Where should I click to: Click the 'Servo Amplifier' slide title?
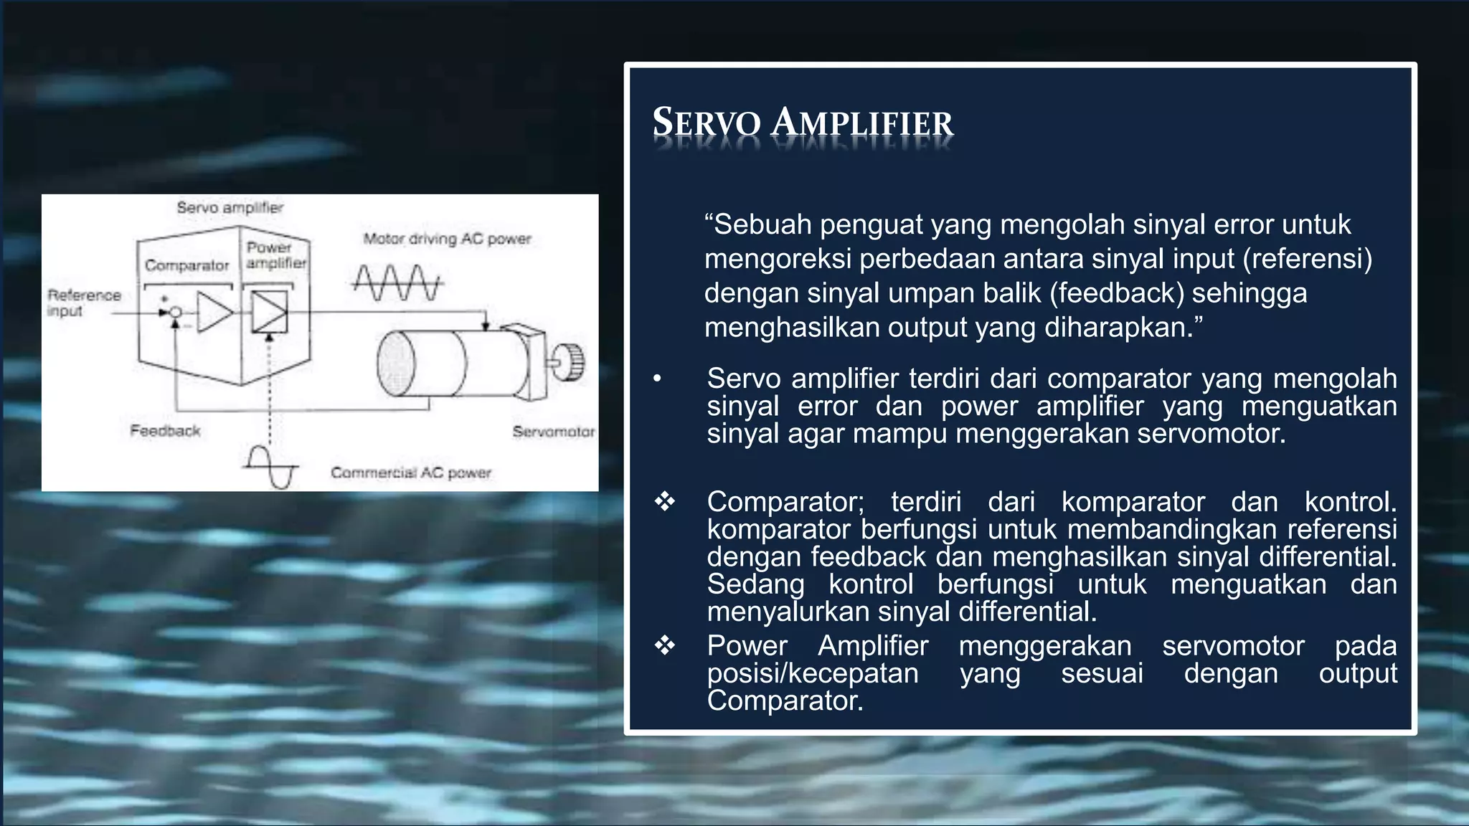coord(802,123)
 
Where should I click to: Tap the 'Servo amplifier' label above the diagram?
coord(230,208)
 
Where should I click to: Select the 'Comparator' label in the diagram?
coord(186,265)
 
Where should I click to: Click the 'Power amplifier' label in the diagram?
coord(275,255)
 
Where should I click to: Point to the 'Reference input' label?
coord(83,303)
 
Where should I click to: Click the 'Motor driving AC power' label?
coord(447,239)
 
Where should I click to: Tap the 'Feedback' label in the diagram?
coord(165,431)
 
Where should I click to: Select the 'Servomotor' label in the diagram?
coord(553,432)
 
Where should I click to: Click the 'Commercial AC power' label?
coord(410,473)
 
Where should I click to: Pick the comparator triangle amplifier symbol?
coord(214,313)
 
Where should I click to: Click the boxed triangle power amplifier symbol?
coord(270,313)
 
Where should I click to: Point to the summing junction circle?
coord(175,313)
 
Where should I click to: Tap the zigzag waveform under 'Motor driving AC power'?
coord(397,283)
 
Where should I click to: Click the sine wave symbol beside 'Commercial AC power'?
coord(270,467)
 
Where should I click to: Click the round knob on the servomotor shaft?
coord(571,362)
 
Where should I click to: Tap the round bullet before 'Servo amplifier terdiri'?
coord(657,379)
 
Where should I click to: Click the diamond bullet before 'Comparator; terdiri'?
coord(665,501)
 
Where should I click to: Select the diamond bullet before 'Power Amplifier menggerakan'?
coord(665,645)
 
